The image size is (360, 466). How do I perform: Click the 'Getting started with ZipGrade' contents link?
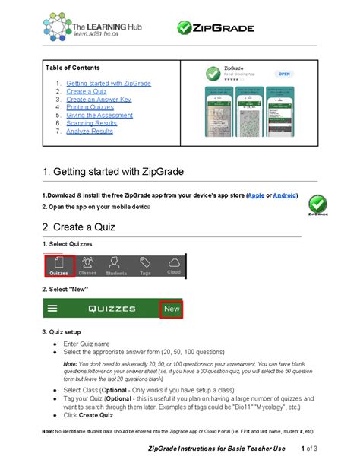[x=109, y=83]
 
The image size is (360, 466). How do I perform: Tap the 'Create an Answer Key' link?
[x=99, y=99]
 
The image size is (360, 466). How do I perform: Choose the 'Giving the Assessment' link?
[x=100, y=116]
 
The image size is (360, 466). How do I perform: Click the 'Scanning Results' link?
[x=92, y=123]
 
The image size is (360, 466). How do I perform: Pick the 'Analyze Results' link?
[x=90, y=132]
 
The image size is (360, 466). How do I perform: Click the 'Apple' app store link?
[x=256, y=195]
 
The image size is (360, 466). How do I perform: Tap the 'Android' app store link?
[x=286, y=195]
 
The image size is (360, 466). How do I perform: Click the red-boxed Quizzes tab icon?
[x=59, y=265]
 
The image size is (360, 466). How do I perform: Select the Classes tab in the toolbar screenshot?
[x=87, y=265]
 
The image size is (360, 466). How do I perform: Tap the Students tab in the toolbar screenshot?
[x=116, y=265]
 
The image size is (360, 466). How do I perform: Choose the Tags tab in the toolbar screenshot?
[x=145, y=265]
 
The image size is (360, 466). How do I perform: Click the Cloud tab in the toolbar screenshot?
[x=173, y=265]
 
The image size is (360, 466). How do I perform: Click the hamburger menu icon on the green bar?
[x=52, y=309]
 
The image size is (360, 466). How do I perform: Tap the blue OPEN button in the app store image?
[x=283, y=74]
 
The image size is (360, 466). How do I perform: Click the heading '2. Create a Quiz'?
[x=80, y=227]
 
